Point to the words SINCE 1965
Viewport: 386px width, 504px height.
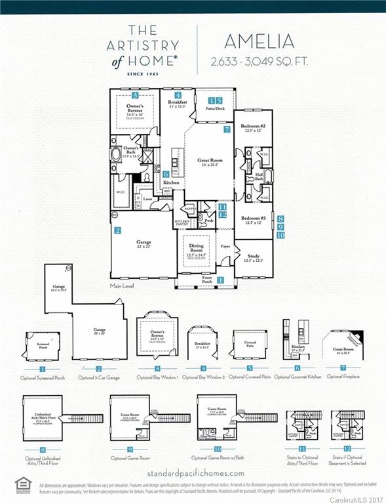[142, 75]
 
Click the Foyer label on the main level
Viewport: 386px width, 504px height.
[225, 247]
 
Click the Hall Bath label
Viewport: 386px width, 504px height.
[259, 177]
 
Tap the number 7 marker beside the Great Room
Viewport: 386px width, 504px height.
[226, 130]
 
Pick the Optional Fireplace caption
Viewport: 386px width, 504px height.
[342, 377]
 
